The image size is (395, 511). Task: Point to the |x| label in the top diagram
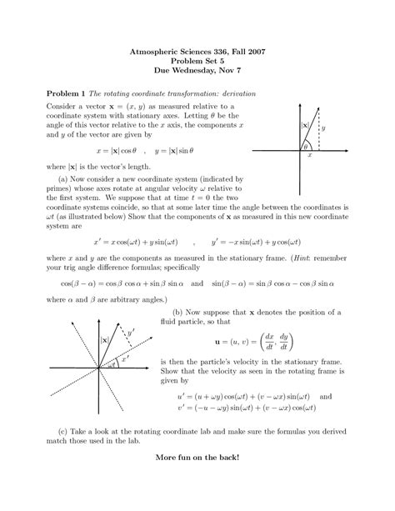click(305, 126)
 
